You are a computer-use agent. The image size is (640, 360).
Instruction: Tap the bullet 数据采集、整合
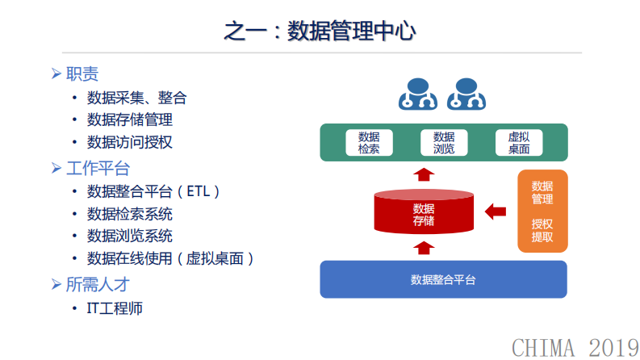[136, 98]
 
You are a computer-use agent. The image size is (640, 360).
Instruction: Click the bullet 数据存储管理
[129, 119]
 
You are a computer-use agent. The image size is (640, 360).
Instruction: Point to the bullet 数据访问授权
[129, 142]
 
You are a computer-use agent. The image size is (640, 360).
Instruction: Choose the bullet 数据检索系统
[129, 214]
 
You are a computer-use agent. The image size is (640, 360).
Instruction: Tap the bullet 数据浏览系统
[129, 236]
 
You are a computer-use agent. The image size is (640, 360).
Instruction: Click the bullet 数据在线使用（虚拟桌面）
[171, 258]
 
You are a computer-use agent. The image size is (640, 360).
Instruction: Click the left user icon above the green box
[417, 94]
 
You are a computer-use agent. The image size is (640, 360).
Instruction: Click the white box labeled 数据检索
[369, 142]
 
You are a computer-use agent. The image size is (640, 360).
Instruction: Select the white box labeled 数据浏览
[443, 142]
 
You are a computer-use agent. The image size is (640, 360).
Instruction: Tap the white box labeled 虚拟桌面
[518, 142]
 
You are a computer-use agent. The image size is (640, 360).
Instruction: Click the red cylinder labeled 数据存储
[423, 212]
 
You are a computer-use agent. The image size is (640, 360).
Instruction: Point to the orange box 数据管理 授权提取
[542, 211]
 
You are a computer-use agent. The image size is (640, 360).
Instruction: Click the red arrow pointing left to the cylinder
[495, 211]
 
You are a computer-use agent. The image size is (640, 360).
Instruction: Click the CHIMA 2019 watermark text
[574, 346]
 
